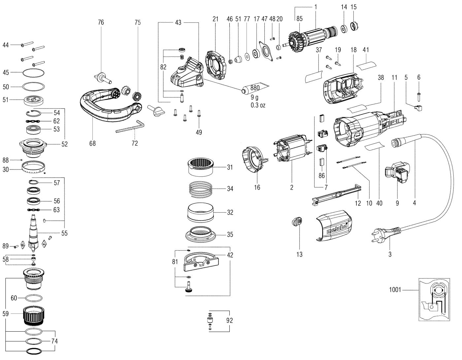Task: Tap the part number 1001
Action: pos(395,290)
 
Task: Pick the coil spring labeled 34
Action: pos(200,189)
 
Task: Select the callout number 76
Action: pos(101,22)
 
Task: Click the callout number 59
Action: pos(6,314)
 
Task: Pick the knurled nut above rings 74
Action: pos(33,315)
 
